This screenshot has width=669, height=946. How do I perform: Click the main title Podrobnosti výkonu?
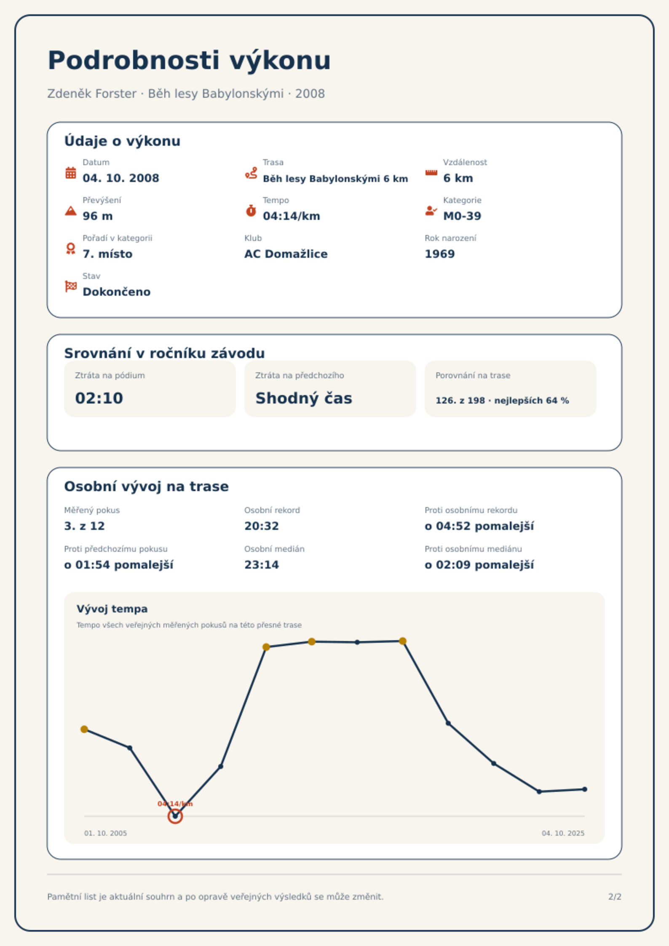(189, 61)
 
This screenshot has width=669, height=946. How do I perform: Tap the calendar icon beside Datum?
(71, 173)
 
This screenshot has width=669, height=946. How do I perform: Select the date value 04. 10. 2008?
(121, 178)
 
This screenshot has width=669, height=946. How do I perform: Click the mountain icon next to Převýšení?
(71, 211)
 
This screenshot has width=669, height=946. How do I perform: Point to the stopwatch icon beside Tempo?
(251, 211)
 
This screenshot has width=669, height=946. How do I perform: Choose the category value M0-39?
(462, 216)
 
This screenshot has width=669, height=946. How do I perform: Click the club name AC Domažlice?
(286, 254)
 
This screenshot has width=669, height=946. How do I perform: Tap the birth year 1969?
(440, 254)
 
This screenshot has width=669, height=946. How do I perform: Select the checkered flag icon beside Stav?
(71, 286)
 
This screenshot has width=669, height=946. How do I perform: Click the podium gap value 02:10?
(99, 398)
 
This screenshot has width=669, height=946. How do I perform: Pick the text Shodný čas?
(304, 398)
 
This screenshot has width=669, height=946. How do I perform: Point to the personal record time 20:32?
(262, 526)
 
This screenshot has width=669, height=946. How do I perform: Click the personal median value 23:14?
(262, 565)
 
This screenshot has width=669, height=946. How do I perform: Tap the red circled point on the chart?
(175, 816)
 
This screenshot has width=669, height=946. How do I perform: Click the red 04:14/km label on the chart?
(175, 804)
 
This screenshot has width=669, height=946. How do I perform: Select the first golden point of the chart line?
(84, 729)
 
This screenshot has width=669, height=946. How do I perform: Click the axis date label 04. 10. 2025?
(563, 833)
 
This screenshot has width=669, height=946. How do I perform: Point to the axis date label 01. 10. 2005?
(105, 833)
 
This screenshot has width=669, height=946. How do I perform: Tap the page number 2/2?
(615, 897)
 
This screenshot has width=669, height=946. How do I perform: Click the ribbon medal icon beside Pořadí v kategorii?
(71, 249)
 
